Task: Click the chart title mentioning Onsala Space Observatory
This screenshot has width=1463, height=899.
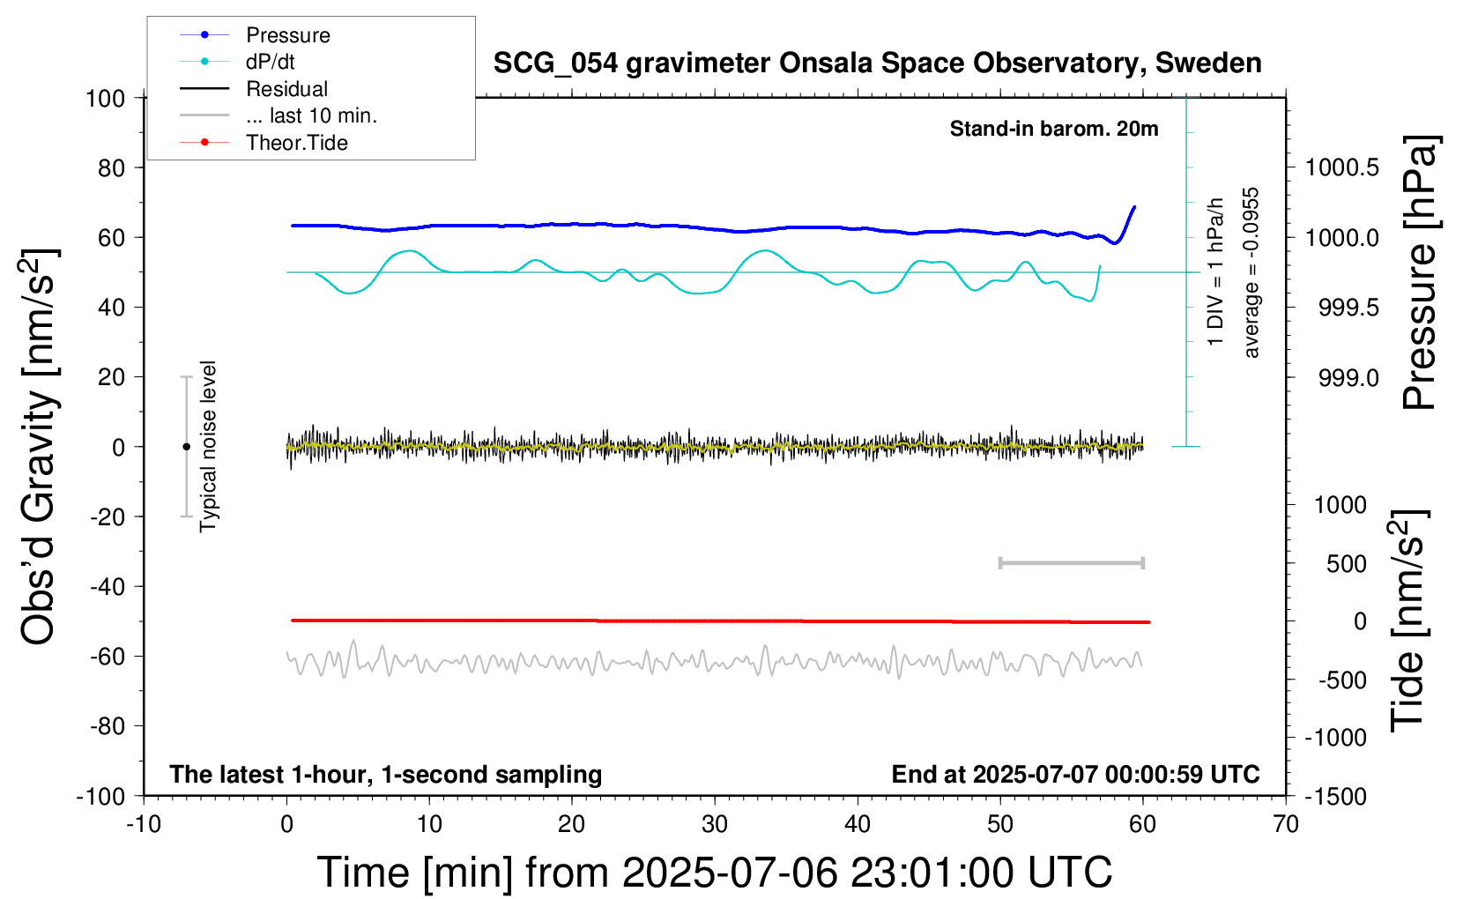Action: [877, 63]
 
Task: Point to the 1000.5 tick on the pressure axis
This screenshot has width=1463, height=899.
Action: [1341, 168]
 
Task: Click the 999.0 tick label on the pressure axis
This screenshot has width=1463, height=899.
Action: [1348, 377]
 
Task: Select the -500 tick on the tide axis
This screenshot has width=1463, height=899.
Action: [1341, 680]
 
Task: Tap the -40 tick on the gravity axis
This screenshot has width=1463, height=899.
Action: [108, 587]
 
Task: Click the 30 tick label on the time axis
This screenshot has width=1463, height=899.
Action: [715, 824]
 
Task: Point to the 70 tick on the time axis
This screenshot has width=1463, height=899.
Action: [1285, 824]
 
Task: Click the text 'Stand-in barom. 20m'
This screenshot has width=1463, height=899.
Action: [1054, 129]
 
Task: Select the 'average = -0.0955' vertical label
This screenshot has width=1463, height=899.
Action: [1250, 272]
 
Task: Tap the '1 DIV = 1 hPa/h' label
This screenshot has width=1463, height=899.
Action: [1214, 271]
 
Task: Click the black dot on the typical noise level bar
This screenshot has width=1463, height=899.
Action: [186, 447]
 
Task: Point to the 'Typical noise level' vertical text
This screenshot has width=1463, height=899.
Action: [208, 447]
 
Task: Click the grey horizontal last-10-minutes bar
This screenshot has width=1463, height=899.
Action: [1071, 563]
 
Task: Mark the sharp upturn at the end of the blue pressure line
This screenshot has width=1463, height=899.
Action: [1125, 225]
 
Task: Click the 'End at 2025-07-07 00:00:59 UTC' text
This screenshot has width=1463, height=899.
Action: [1075, 774]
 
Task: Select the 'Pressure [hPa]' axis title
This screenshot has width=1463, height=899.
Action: [1420, 272]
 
